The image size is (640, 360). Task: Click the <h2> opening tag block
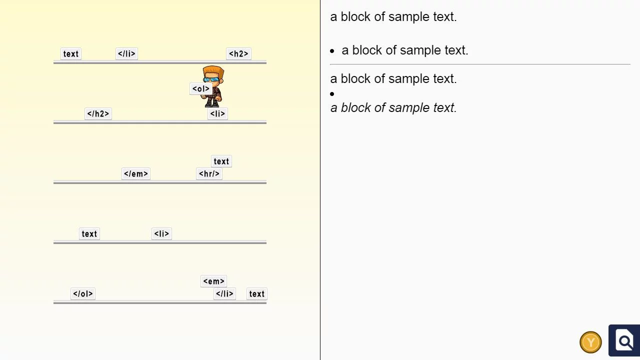click(238, 54)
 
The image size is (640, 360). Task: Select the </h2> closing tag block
click(98, 114)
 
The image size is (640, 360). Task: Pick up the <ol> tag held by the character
click(200, 89)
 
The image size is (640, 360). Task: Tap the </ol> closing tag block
click(83, 294)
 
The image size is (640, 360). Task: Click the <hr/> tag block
click(209, 174)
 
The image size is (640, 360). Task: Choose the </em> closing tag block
click(136, 174)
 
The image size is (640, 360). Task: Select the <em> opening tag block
click(213, 281)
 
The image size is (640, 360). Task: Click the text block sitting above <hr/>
click(221, 161)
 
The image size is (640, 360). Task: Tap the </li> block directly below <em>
click(224, 294)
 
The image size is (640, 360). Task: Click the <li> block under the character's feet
click(217, 114)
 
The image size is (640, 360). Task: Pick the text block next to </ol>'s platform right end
click(256, 294)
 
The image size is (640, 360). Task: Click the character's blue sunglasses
click(212, 79)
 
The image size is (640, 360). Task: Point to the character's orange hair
click(213, 70)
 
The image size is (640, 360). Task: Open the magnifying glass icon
click(624, 341)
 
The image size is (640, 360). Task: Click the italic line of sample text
click(393, 108)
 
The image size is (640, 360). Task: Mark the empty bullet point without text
click(332, 94)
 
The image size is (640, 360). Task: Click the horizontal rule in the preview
click(480, 64)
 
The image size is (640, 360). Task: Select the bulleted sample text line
click(404, 50)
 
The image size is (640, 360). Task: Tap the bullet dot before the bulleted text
click(332, 51)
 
